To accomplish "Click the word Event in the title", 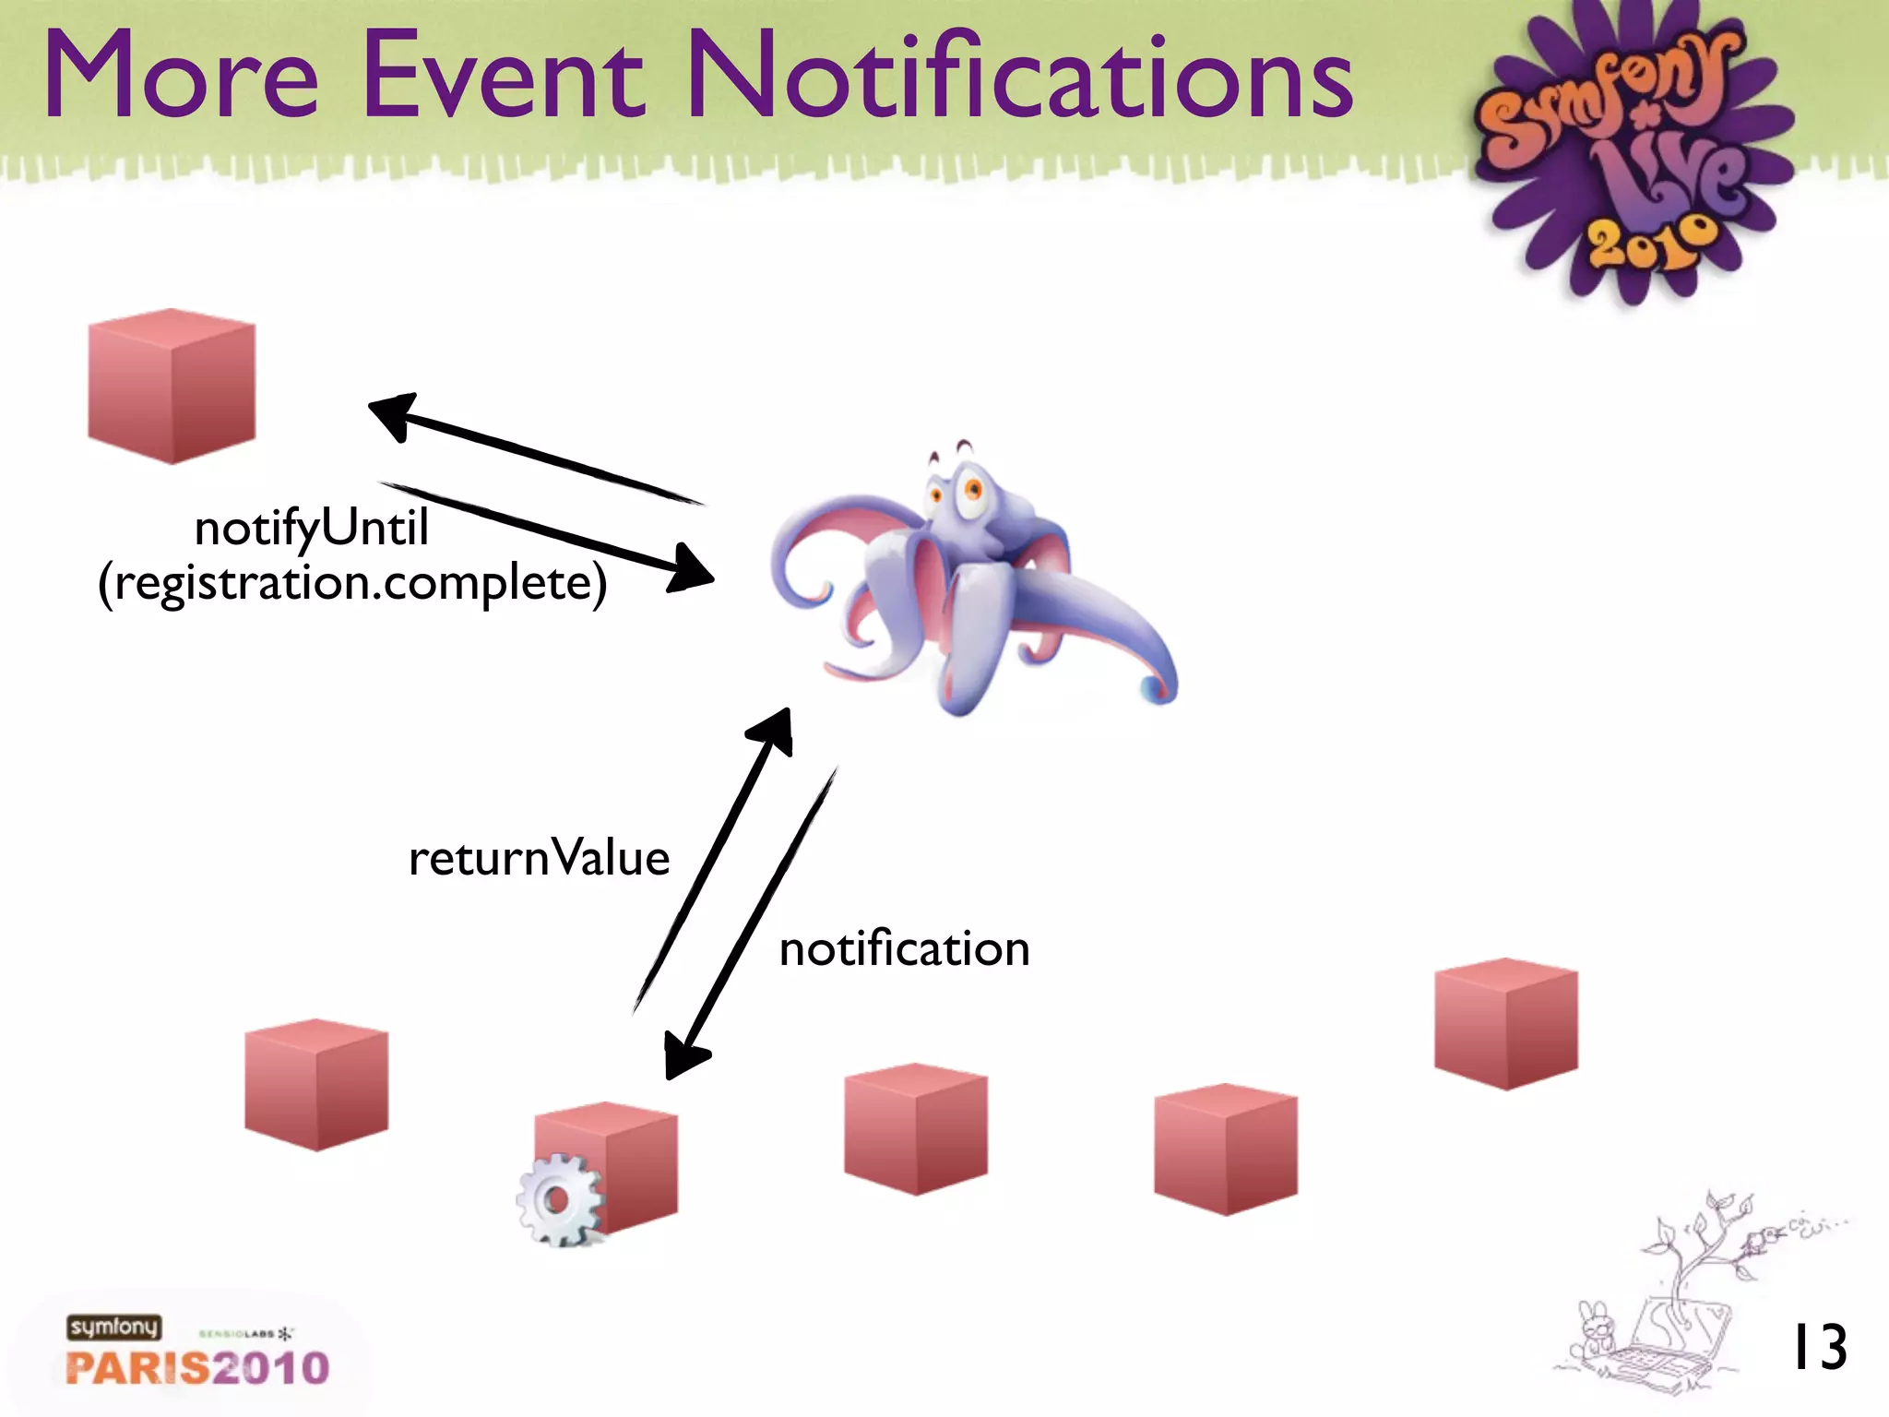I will [503, 76].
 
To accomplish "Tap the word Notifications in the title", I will [1019, 76].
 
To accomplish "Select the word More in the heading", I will [180, 76].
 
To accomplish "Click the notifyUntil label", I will [311, 529].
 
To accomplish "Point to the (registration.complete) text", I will [352, 583].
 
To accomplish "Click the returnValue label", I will [539, 858].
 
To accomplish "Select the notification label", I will [904, 949].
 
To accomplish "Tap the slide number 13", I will [1818, 1348].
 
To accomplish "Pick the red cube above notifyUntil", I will [172, 386].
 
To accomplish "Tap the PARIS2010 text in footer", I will [197, 1367].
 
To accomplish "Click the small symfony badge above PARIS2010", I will [113, 1327].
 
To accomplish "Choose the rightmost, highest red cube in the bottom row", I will [1505, 1024].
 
